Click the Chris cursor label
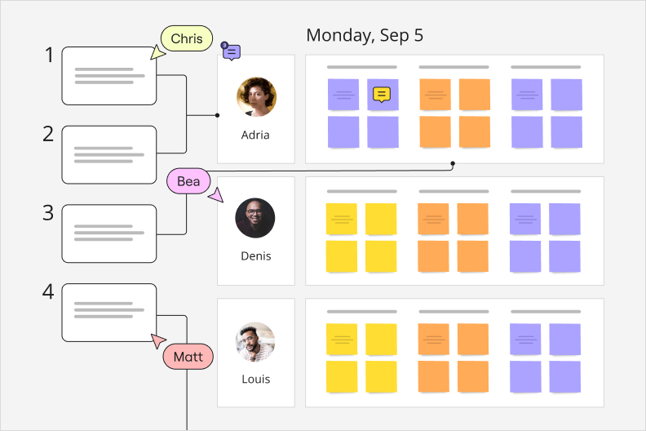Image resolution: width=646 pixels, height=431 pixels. pos(187,39)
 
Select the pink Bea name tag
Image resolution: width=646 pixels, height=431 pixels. pos(188,181)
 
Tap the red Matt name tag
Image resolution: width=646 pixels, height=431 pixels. pos(188,357)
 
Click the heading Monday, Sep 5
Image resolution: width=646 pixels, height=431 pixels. pos(365,36)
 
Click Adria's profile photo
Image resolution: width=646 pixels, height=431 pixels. pos(256,97)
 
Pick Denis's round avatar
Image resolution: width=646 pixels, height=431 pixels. pos(255,218)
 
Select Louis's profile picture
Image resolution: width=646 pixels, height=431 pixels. pos(255,341)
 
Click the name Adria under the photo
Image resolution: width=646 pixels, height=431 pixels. pos(255,135)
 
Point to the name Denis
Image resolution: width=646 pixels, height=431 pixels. pos(255,255)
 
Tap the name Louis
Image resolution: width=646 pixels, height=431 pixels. pos(255,379)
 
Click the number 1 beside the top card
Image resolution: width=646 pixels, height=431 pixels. pos(49,56)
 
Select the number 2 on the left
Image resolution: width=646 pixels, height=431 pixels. pos(49,134)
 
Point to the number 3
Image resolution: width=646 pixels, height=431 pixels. pos(49,213)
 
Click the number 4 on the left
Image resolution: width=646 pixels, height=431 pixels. pos(49,291)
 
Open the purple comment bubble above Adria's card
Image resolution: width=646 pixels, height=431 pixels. pos(232,52)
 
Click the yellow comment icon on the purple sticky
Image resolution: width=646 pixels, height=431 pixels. pos(381,95)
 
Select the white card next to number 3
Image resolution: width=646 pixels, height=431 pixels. pos(109,233)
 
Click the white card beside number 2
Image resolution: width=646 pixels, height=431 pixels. pos(109,154)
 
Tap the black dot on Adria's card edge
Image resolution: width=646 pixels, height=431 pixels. pos(217,115)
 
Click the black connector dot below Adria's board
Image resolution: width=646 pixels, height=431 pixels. pos(453,163)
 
